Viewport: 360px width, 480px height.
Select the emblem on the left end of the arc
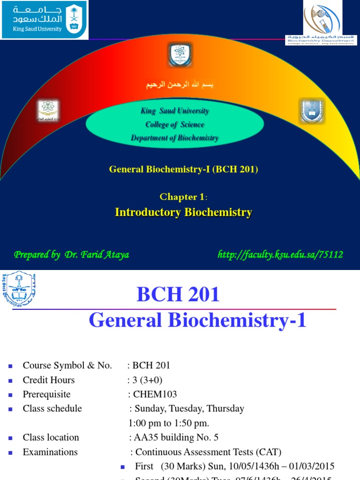point(48,111)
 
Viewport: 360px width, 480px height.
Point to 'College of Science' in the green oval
point(175,124)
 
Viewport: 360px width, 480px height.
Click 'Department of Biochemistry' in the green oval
point(175,138)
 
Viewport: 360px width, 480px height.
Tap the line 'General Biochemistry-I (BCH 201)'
point(184,169)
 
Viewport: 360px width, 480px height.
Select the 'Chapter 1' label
point(183,196)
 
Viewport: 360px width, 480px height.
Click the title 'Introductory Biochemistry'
point(183,212)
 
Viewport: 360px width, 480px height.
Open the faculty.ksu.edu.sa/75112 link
point(280,255)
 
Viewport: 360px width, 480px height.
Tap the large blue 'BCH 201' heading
point(178,295)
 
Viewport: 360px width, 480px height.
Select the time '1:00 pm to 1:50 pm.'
point(169,423)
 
